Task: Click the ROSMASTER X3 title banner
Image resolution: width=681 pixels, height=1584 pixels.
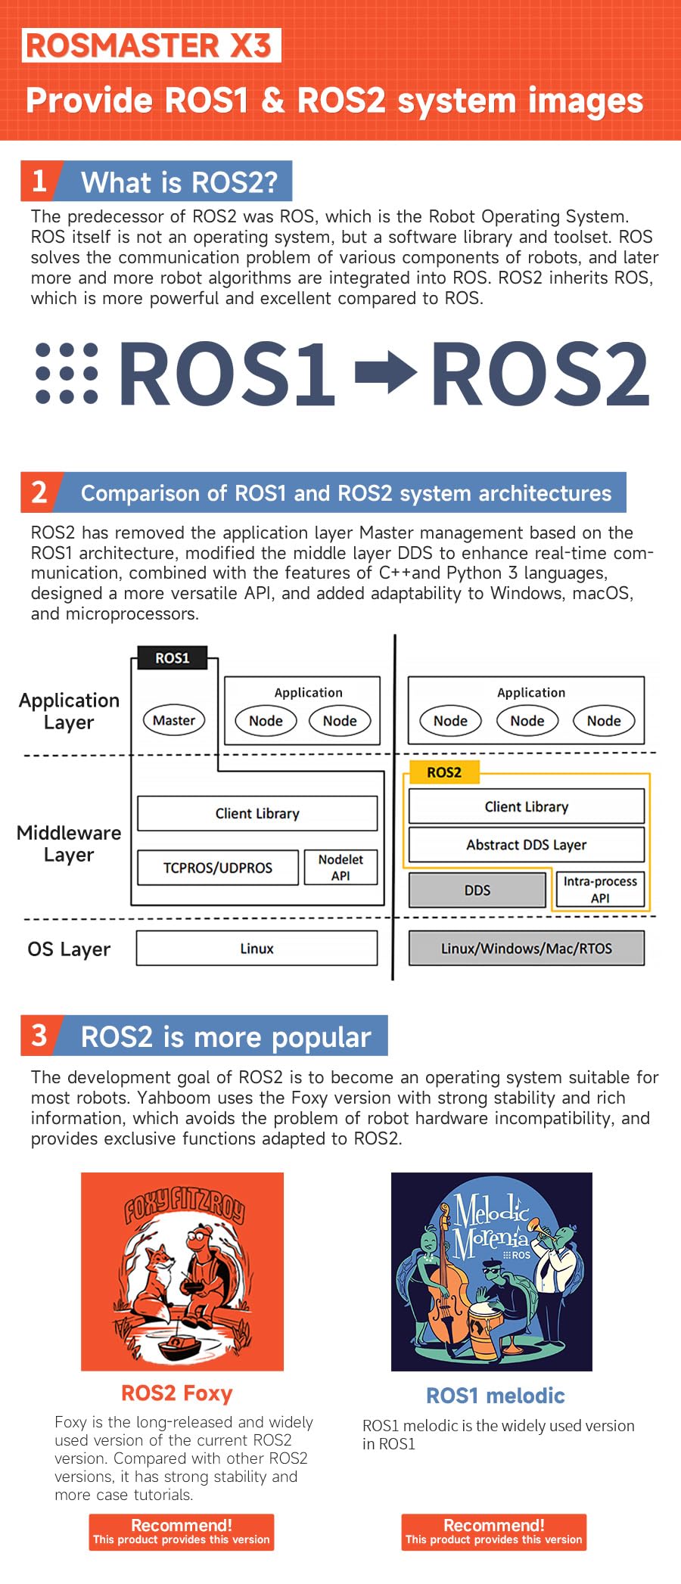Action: click(x=151, y=45)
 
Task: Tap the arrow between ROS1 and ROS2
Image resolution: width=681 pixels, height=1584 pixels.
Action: click(x=386, y=372)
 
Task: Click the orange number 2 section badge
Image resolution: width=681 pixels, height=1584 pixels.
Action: click(x=39, y=492)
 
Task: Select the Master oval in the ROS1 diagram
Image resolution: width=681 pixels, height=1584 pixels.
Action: click(x=174, y=721)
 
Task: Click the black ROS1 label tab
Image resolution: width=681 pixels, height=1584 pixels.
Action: click(x=172, y=658)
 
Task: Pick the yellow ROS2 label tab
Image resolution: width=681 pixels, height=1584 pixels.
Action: click(x=443, y=772)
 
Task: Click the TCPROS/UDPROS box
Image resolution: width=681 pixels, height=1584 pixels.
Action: click(x=218, y=868)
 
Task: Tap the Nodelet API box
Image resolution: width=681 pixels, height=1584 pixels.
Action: click(x=340, y=868)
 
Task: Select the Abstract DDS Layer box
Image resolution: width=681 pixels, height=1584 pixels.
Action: click(x=527, y=845)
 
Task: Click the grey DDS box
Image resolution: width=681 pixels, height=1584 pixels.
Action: click(x=477, y=890)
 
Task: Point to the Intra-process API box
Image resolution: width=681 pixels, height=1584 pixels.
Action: click(x=600, y=890)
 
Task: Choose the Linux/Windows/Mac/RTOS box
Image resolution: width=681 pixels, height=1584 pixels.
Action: click(x=527, y=949)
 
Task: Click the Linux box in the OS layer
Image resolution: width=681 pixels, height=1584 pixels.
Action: click(x=257, y=949)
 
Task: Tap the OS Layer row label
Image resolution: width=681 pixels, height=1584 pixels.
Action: click(x=69, y=949)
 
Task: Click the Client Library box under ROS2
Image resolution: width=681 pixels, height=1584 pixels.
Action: click(x=527, y=806)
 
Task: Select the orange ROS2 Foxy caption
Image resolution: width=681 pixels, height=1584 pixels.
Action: click(x=177, y=1393)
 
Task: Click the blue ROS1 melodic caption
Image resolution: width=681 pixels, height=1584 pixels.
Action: click(x=496, y=1396)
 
